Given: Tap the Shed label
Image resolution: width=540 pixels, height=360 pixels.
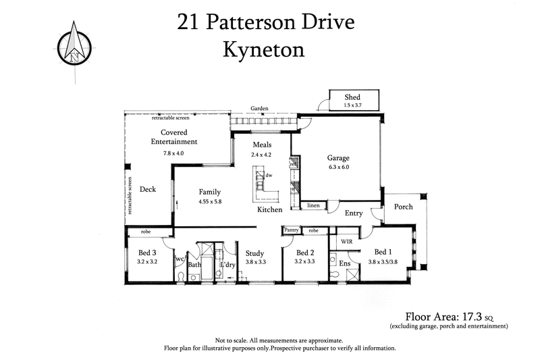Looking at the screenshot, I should click(352, 97).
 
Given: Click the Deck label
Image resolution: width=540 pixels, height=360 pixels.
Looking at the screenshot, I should click(148, 189).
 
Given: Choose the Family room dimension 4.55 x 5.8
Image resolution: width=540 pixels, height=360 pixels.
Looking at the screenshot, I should click(210, 201).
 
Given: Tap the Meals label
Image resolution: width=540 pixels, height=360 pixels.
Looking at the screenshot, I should click(262, 145).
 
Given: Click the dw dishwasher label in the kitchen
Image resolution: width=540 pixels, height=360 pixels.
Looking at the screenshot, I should click(269, 175).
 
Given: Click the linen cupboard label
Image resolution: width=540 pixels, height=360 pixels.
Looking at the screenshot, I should click(313, 205).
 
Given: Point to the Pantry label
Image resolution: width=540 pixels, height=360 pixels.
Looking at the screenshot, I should click(292, 230).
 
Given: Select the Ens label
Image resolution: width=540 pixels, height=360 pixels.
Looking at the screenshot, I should click(344, 263).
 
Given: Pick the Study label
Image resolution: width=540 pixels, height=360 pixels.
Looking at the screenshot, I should click(254, 254).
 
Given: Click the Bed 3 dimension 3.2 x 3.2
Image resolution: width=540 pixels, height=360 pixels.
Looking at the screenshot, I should click(146, 261).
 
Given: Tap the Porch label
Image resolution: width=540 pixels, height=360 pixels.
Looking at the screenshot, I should click(403, 207).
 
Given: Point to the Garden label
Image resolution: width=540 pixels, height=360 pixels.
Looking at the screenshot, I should click(260, 108).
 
